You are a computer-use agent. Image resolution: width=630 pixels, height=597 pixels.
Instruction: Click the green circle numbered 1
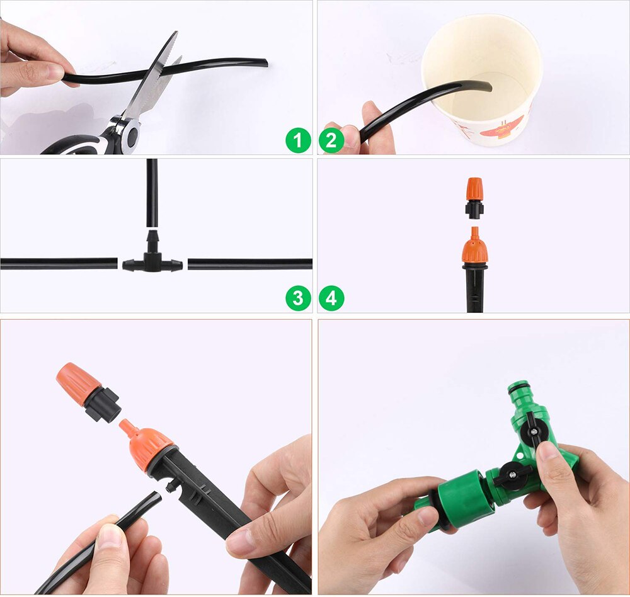[x=298, y=140]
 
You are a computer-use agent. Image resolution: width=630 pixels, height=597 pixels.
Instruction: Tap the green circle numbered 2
[x=331, y=140]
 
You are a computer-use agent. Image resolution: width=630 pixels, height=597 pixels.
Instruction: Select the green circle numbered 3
[x=298, y=297]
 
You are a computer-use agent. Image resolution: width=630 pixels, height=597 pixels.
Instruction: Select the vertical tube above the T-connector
[x=152, y=192]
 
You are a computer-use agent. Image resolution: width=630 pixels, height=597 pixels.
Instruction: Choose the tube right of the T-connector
[x=249, y=263]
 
